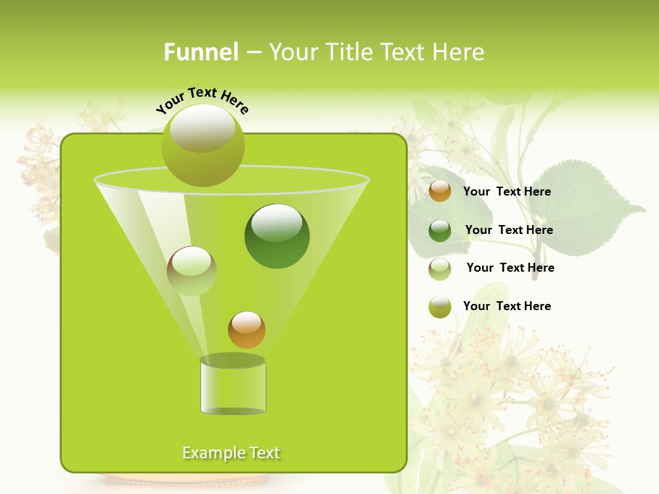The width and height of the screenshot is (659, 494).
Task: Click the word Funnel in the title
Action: [x=200, y=52]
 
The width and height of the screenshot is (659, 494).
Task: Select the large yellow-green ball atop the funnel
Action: [x=203, y=145]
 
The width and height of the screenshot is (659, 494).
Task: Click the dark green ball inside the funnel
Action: [x=277, y=235]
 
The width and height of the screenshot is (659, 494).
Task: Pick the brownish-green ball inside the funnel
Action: [x=192, y=271]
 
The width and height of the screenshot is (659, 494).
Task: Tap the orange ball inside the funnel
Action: [x=246, y=330]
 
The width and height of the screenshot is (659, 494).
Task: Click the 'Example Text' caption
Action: [x=231, y=453]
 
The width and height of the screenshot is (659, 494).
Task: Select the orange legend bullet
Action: [x=440, y=191]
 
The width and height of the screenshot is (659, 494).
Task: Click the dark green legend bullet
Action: [x=440, y=231]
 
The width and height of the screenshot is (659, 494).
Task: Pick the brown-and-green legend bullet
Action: [x=440, y=269]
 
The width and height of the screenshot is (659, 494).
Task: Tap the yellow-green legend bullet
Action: [x=440, y=307]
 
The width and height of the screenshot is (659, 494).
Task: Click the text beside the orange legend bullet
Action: [x=507, y=192]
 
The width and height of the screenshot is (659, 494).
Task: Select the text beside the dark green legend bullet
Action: [x=509, y=231]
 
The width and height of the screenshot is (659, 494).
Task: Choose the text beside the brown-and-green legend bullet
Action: [x=510, y=268]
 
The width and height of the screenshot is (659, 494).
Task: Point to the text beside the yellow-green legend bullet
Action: [x=507, y=307]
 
